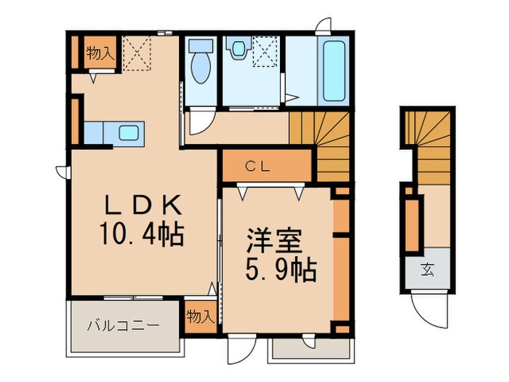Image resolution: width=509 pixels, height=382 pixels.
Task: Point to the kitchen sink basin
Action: pyautogui.click(x=129, y=133)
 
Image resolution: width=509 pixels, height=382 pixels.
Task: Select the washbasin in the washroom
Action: pyautogui.click(x=238, y=49)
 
